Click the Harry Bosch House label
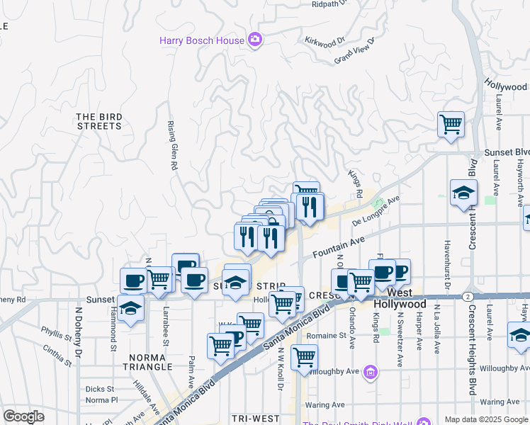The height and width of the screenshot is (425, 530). pyautogui.click(x=201, y=40)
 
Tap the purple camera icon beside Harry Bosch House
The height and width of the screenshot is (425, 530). pyautogui.click(x=255, y=40)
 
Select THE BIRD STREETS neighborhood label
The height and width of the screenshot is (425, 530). pyautogui.click(x=98, y=121)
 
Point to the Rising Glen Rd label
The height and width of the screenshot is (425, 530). pyautogui.click(x=171, y=145)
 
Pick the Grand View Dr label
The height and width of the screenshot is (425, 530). pyautogui.click(x=354, y=50)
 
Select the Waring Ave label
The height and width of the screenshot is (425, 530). pyautogui.click(x=324, y=405)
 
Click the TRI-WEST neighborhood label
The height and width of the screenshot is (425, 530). pyautogui.click(x=256, y=419)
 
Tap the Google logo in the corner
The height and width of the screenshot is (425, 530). pyautogui.click(x=23, y=416)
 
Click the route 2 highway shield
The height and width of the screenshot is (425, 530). pyautogui.click(x=468, y=295)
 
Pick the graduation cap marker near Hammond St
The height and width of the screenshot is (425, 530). pyautogui.click(x=130, y=309)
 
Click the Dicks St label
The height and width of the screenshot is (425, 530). pyautogui.click(x=100, y=389)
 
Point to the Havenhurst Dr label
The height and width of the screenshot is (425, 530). pyautogui.click(x=447, y=267)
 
